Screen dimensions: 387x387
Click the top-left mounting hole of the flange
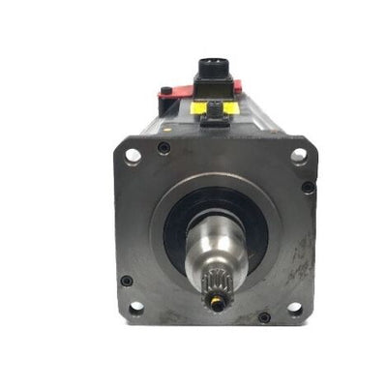133,155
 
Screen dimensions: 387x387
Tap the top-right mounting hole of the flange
299,155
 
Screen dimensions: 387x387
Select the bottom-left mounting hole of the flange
136,308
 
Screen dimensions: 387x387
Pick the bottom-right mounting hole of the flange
294,309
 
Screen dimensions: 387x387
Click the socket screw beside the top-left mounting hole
164,148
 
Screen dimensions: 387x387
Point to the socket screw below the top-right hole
308,187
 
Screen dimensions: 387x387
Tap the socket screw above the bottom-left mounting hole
127,281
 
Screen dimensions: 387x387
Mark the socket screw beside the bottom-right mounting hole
264,316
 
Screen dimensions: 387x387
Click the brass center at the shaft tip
219,304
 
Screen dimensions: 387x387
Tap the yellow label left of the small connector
197,108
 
